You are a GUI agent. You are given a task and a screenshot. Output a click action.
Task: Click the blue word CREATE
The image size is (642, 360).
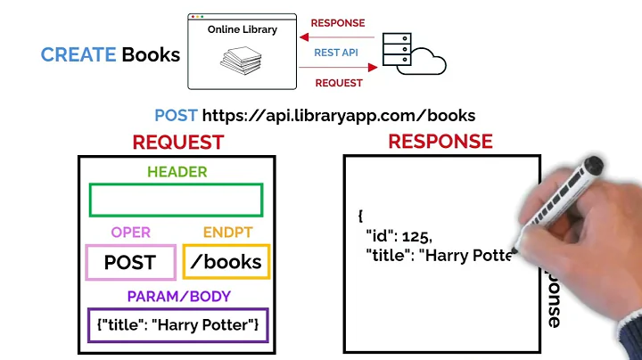click(x=78, y=55)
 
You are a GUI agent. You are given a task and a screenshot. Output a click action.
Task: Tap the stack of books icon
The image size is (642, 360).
click(x=242, y=61)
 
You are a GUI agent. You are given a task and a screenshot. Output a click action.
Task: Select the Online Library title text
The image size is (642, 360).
click(x=242, y=29)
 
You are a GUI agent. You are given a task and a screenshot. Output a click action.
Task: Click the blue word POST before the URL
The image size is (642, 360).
click(x=176, y=115)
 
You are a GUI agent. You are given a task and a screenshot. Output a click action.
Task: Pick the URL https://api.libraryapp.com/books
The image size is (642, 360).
click(x=339, y=115)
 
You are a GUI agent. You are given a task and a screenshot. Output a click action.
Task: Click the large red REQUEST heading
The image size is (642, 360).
click(x=177, y=142)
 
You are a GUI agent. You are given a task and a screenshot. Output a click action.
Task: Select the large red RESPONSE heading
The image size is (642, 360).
click(x=440, y=141)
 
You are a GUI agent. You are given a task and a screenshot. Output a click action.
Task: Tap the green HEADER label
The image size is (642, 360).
click(x=177, y=172)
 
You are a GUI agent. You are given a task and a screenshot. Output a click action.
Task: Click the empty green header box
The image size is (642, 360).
click(x=176, y=200)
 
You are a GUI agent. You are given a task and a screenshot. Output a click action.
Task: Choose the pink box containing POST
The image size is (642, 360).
click(x=130, y=262)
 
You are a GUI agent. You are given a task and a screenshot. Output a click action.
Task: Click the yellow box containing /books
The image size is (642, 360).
click(x=226, y=262)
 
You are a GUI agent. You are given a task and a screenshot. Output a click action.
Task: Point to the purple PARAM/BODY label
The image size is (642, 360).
click(x=177, y=296)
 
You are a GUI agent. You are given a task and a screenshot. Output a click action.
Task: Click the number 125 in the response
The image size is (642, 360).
click(x=416, y=237)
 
